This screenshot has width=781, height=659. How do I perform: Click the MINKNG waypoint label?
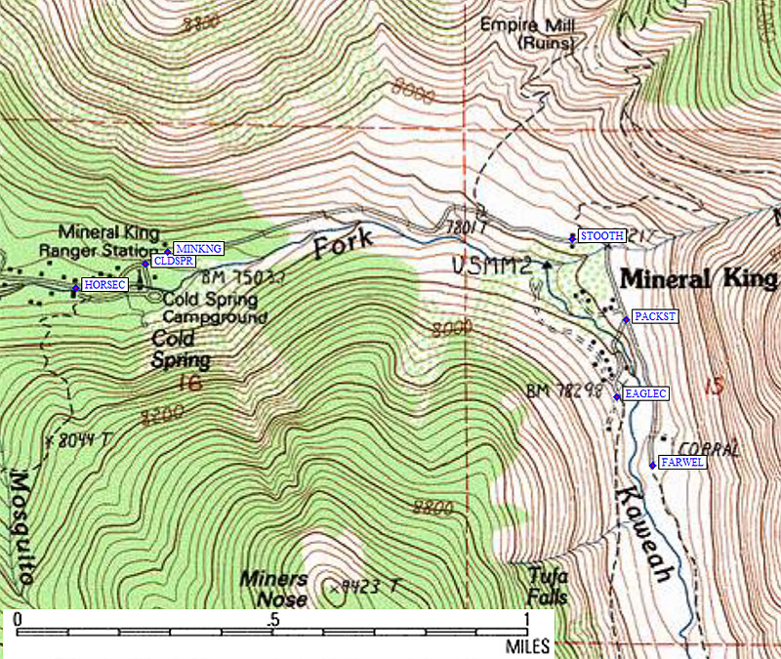pos(198,249)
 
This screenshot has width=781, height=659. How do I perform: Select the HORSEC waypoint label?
pos(105,284)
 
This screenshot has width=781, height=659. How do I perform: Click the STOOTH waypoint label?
pos(601,236)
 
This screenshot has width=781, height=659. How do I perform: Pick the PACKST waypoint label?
pos(654,316)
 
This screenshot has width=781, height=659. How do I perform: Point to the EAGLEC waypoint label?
pos(645,393)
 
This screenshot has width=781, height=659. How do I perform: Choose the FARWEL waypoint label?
pos(681,463)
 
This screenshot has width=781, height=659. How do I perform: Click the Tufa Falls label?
pos(547,586)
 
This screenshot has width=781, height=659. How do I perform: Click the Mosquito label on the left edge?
pos(20,527)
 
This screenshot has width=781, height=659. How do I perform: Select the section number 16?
pos(190,383)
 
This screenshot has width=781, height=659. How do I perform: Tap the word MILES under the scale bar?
pos(527,646)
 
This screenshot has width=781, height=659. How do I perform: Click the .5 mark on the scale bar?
pos(273,620)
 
